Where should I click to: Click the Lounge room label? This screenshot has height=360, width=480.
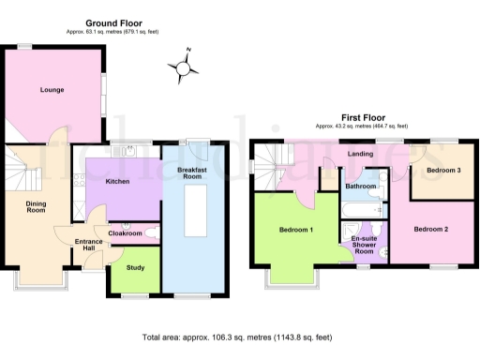pos(52,91)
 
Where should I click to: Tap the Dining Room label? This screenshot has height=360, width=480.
pos(36,207)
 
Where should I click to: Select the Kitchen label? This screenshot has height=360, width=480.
pos(117,181)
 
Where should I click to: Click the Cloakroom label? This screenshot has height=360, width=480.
pos(125,232)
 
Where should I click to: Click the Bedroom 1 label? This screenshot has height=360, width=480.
pos(296,230)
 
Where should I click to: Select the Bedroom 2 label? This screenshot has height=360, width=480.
pos(432,229)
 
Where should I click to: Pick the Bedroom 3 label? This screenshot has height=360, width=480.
pos(442,171)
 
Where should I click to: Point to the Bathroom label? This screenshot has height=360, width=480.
pos(361,187)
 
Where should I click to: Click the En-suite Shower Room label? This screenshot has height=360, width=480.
pos(364,246)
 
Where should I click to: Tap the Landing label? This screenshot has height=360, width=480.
pos(360,154)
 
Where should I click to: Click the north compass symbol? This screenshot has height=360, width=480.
pos(184,66)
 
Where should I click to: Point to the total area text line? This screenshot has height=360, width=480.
pos(237,337)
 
